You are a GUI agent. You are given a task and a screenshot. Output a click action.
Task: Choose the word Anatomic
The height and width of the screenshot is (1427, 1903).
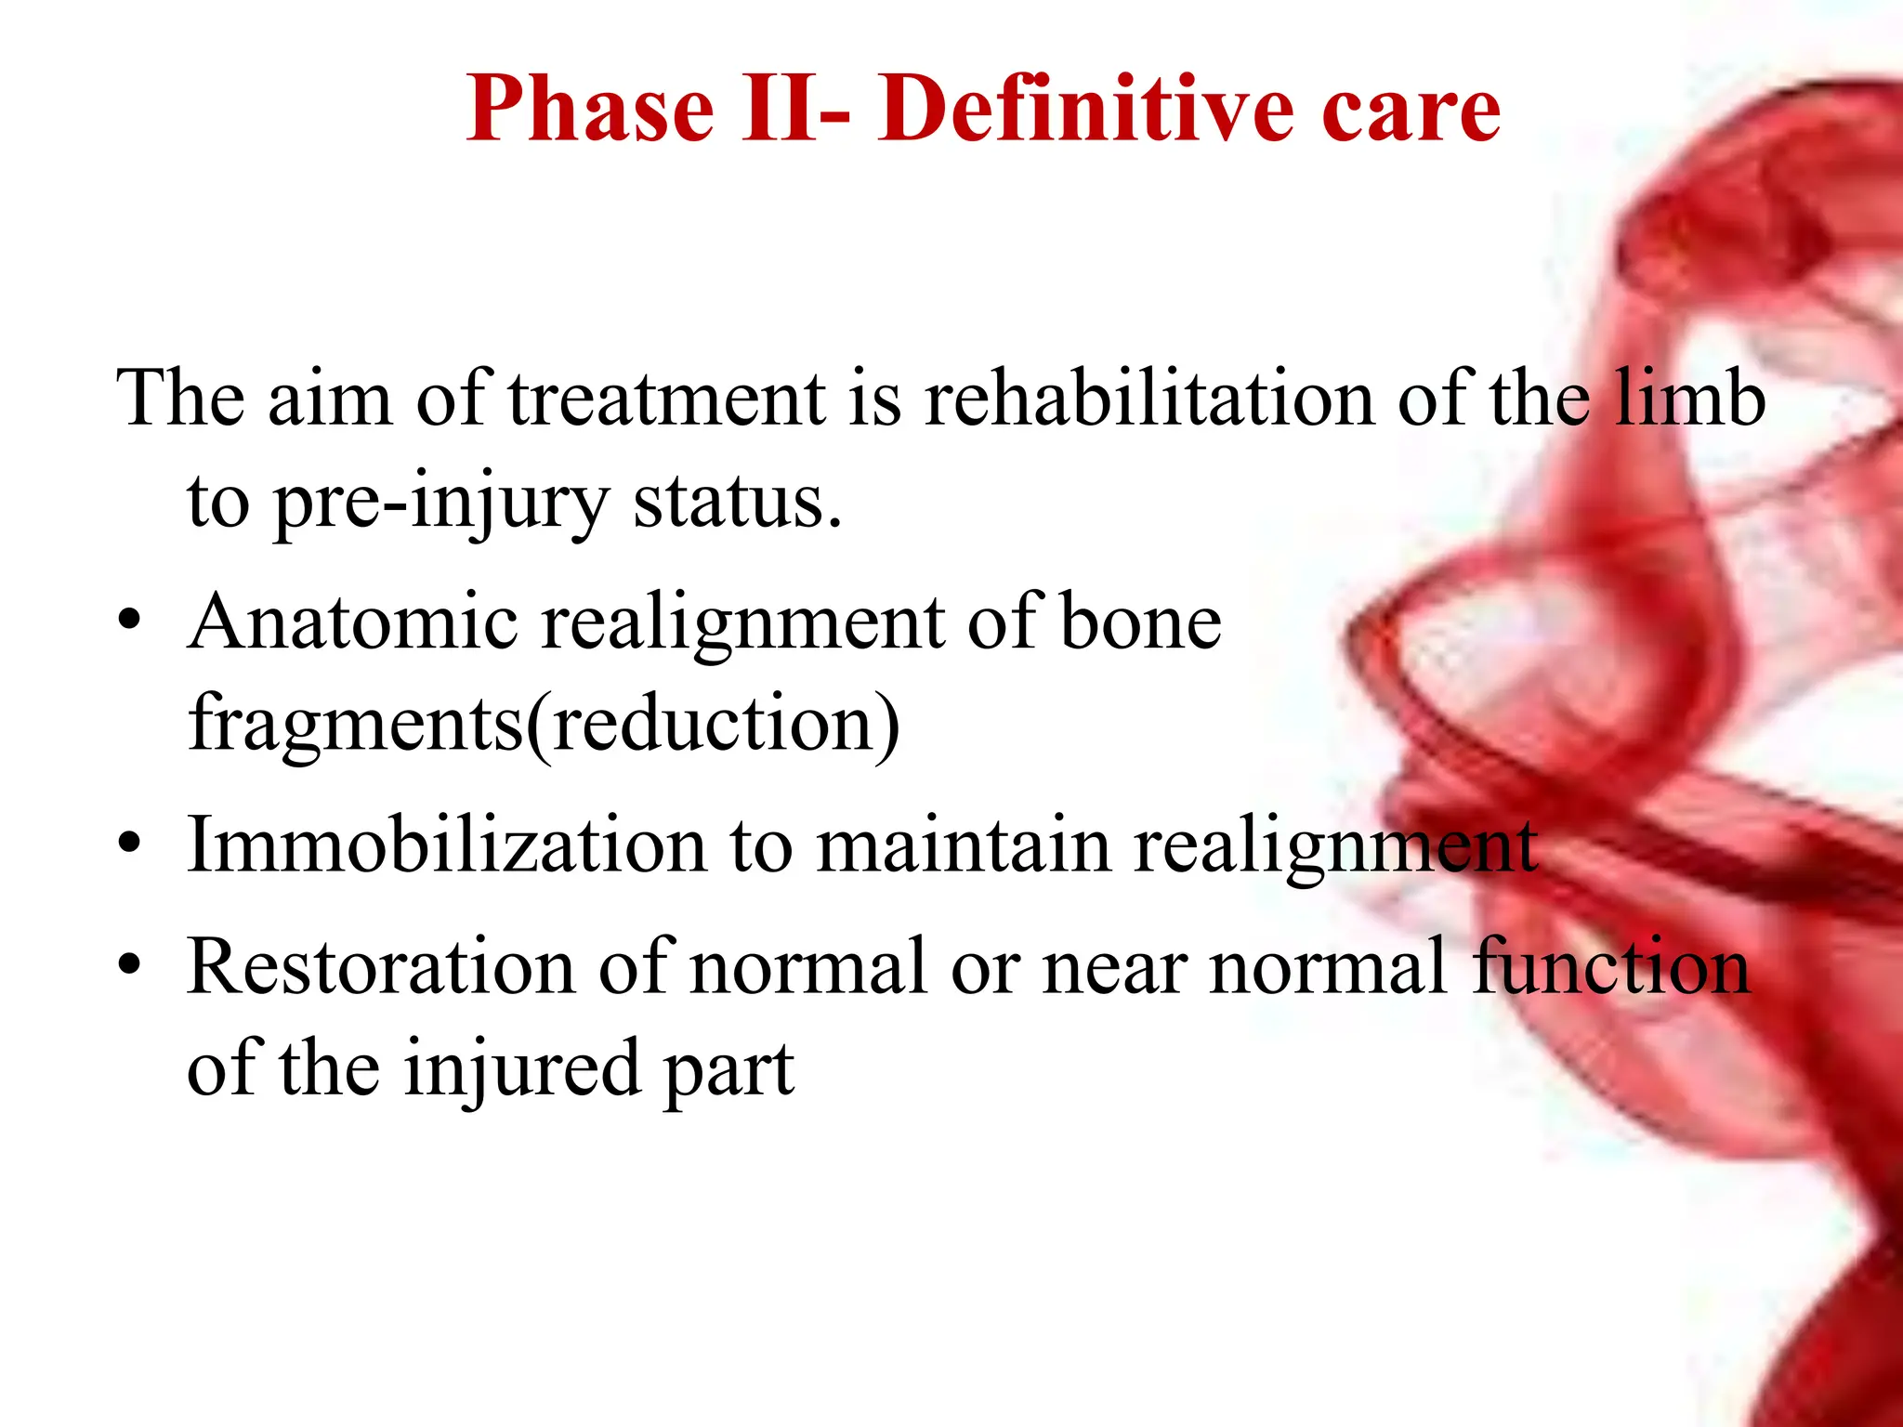[x=353, y=622]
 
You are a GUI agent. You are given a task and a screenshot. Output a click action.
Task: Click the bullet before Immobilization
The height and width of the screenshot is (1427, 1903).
[x=130, y=843]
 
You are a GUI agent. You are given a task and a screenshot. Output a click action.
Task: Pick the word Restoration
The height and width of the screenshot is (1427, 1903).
[x=381, y=968]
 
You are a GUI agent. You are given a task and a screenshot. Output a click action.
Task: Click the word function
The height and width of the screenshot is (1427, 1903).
[x=1612, y=968]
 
